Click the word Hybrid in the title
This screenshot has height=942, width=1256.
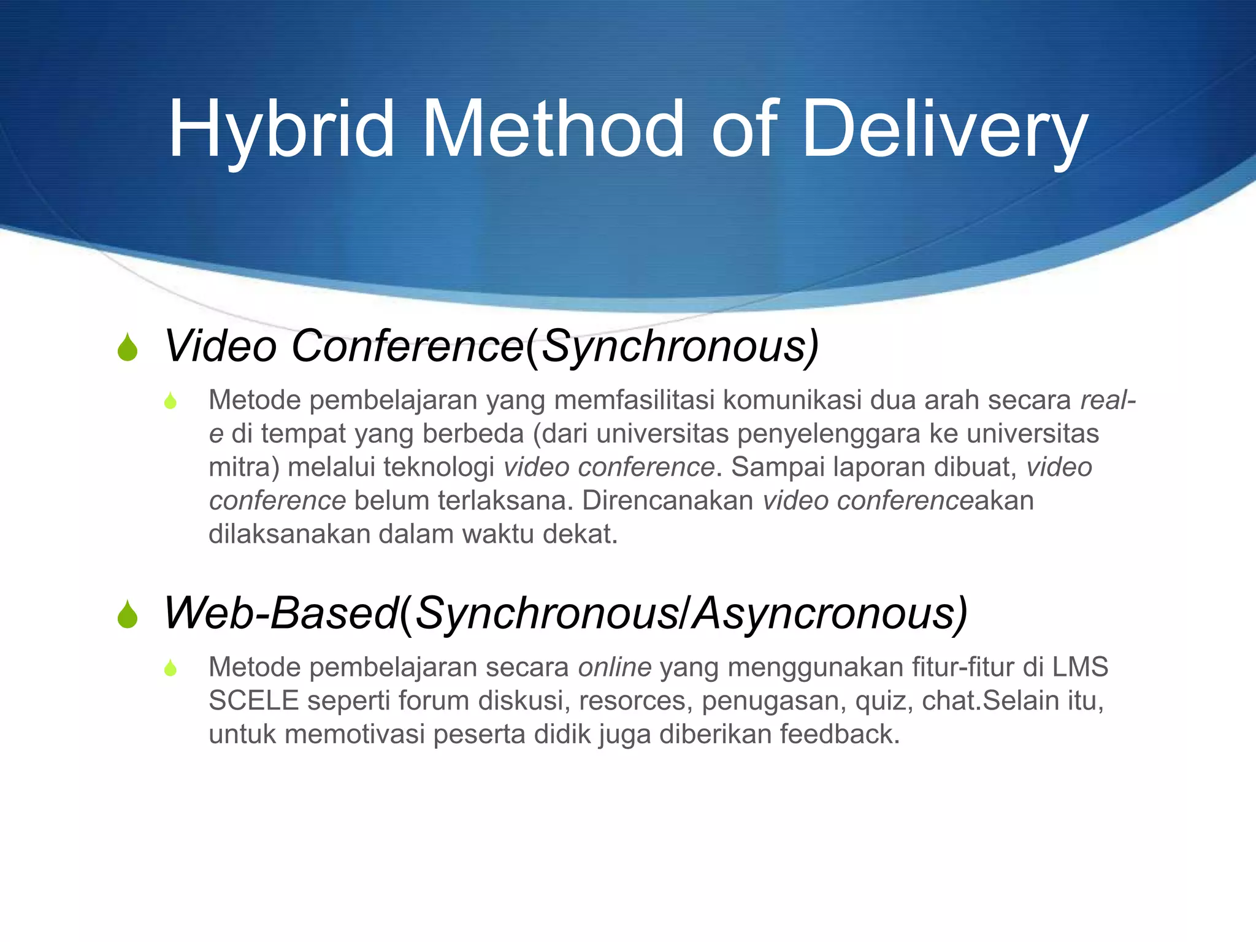click(x=281, y=131)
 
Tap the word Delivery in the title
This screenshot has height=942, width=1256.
click(x=944, y=131)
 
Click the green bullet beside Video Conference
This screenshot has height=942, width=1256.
click(x=128, y=348)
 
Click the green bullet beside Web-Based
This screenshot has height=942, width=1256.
click(x=128, y=615)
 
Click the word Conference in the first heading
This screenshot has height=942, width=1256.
click(x=407, y=347)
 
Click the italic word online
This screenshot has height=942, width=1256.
click(x=615, y=667)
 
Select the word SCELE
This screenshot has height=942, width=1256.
click(x=253, y=701)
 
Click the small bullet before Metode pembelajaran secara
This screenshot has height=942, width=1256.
click(x=170, y=668)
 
